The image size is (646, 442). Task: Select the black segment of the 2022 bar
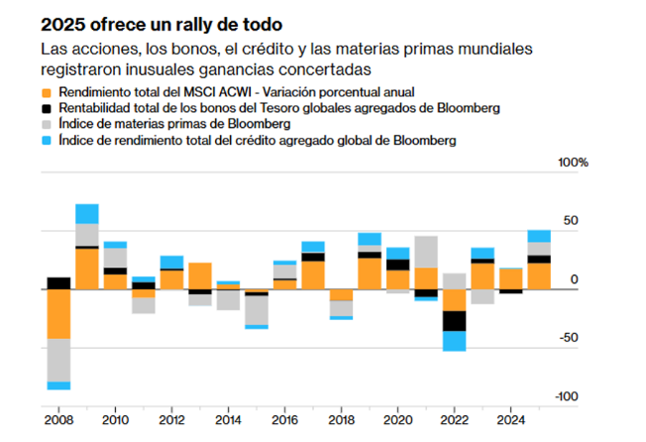point(455,321)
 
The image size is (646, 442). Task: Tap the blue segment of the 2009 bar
point(87,213)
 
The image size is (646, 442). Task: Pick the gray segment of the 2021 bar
point(427,252)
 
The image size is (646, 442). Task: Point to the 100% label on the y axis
point(573,162)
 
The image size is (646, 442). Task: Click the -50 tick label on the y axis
point(565,338)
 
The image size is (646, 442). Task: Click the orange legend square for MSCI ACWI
point(47,92)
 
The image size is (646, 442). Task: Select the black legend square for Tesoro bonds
point(47,108)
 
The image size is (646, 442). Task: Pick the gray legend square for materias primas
point(47,125)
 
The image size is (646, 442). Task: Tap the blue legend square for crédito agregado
point(47,142)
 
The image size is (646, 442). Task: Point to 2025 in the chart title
point(64,22)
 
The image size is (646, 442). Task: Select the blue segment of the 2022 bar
point(455,341)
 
